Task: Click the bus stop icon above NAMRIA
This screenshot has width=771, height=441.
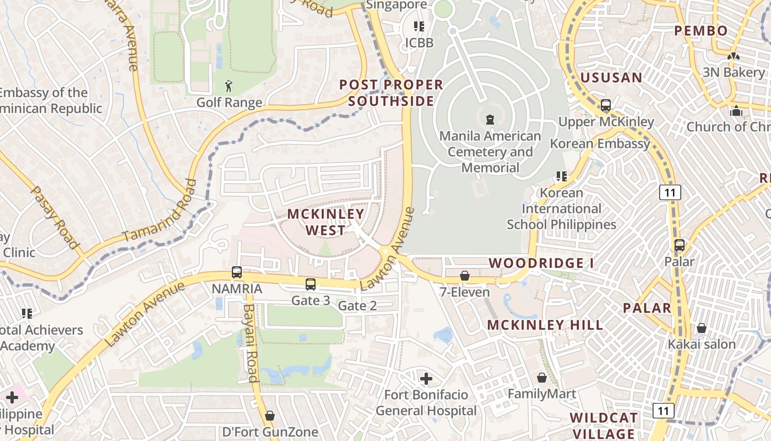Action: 237,272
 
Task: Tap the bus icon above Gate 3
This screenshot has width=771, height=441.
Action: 311,284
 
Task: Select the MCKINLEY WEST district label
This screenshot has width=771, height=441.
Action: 326,222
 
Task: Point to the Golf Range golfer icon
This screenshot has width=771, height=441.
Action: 229,86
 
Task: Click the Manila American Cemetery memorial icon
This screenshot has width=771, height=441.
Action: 490,119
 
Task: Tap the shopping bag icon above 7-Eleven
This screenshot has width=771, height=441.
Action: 465,276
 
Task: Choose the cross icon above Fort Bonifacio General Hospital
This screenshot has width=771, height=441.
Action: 426,379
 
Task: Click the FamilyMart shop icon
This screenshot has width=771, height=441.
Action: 542,378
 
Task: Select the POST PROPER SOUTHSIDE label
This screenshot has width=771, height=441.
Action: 391,93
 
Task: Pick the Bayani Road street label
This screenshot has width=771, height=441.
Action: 251,343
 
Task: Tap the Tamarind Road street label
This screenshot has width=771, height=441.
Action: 160,211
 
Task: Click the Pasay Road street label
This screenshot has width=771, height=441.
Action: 53,217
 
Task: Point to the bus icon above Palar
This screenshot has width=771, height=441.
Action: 680,245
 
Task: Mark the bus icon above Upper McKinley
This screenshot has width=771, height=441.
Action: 606,105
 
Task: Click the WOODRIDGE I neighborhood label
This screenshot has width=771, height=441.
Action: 541,263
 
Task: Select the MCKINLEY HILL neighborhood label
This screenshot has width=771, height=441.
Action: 545,325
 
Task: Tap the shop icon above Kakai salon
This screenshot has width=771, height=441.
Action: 701,328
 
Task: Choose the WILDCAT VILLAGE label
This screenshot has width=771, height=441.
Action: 604,426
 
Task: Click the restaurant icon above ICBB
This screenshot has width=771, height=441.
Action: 419,26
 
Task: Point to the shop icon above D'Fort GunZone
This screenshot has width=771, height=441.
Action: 270,416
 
